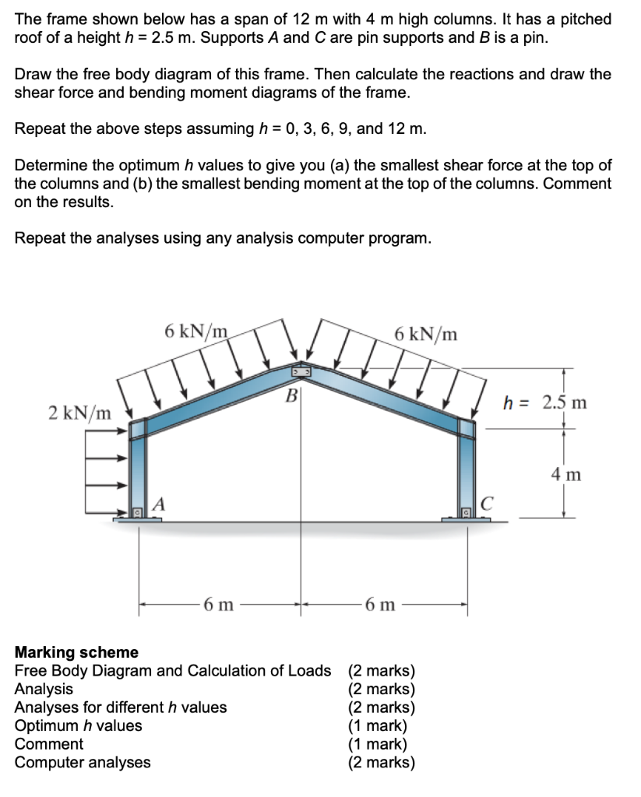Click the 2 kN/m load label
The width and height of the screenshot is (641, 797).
point(79,411)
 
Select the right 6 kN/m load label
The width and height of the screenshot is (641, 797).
point(426,334)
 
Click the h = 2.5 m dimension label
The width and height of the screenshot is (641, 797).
point(544,402)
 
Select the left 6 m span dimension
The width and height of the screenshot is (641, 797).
point(217,605)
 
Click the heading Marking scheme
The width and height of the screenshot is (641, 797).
point(76,652)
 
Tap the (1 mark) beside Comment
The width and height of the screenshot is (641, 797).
point(377,744)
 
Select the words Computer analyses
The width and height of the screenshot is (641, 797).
point(83,762)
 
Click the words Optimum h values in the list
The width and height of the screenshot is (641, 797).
point(79,725)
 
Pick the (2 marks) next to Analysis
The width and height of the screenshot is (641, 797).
point(382,689)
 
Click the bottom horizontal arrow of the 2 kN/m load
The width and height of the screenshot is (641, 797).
point(106,511)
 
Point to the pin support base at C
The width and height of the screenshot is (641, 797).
point(467,515)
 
